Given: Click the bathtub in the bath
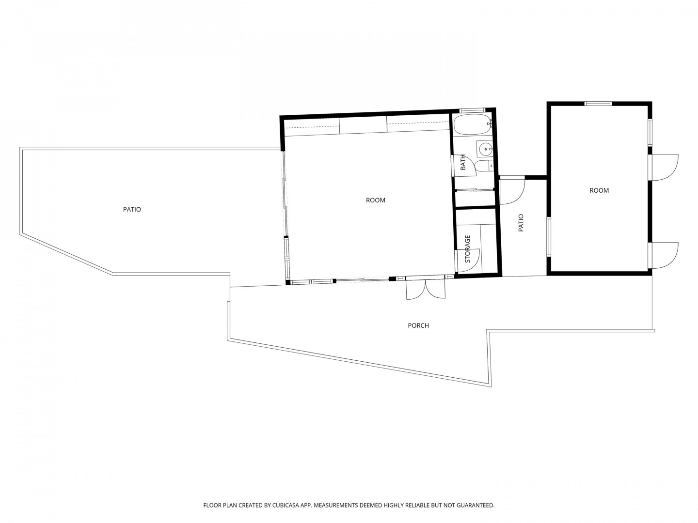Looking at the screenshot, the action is [472, 125].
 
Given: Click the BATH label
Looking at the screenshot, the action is [463, 162].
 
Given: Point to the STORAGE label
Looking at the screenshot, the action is [467, 248].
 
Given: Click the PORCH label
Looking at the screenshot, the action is [418, 325].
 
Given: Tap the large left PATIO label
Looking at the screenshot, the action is [132, 209].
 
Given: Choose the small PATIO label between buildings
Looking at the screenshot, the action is [521, 223].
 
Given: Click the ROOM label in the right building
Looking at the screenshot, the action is [599, 190].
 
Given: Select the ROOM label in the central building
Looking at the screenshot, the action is [375, 200].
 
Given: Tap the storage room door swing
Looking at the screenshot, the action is [467, 261].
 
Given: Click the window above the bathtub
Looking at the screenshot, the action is [473, 110].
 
